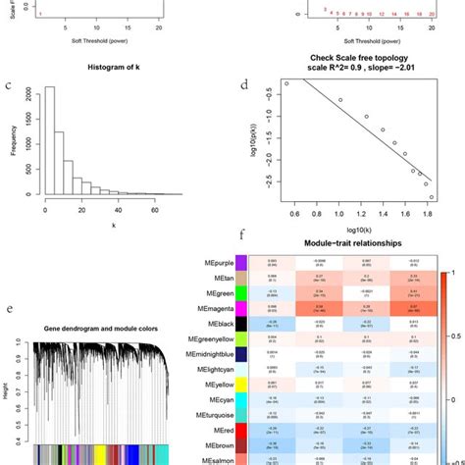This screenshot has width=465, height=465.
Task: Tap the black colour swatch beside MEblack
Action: coord(240,323)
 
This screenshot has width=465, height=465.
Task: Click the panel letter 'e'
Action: coord(8,311)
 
